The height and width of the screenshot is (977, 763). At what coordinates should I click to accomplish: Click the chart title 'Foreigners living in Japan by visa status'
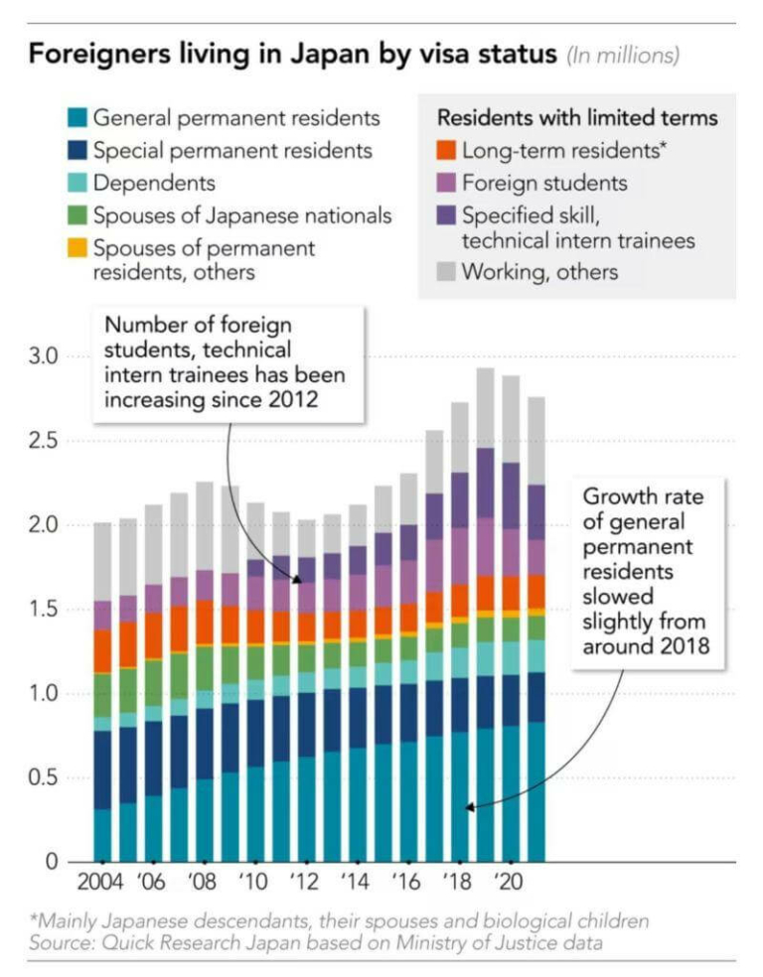292,55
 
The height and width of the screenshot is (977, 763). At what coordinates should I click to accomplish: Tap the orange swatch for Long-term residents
446,151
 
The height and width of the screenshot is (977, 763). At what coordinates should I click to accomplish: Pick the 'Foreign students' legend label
544,184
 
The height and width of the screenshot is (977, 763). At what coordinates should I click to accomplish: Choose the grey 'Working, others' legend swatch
446,271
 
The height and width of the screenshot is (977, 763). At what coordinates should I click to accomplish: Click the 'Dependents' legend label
154,183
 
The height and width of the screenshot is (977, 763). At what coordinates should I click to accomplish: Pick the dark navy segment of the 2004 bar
102,769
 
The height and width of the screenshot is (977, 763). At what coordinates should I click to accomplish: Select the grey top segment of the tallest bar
485,407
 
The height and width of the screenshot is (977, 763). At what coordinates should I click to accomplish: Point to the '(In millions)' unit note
623,56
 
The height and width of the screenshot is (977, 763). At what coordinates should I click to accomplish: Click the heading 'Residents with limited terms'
577,118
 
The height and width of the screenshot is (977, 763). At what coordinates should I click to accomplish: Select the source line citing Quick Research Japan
317,942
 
